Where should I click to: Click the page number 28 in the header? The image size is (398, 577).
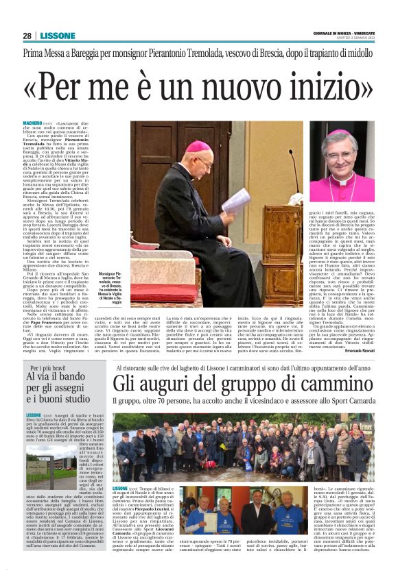pos(27,36)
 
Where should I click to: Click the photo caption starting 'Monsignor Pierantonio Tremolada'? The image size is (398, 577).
pos(111,286)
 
